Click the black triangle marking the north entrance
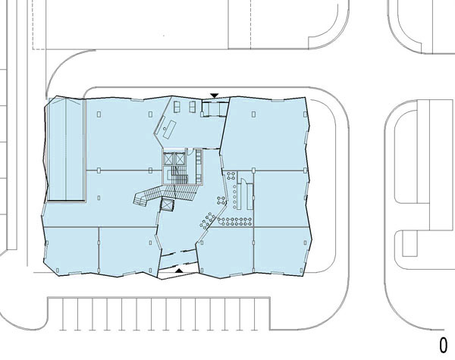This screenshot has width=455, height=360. pos(215,95)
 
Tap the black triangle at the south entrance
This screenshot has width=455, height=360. pos(179,271)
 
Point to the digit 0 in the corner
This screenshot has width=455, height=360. pos(444,345)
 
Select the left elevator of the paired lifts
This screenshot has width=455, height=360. pos(168,158)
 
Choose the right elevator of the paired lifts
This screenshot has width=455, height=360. pos(180,158)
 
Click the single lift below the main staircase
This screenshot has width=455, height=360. pos(168,205)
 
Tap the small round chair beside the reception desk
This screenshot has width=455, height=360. pos(165,128)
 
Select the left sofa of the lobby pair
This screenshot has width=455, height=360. pos(177,107)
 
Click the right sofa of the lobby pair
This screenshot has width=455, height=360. pos(193,107)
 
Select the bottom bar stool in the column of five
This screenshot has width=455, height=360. pos(234,207)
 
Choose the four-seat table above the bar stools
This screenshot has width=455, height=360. pos(231,175)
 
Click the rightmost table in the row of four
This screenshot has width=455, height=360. pos(247,222)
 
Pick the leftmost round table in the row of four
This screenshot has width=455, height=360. pos(221,221)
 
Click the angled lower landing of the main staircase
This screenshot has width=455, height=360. pos(140,199)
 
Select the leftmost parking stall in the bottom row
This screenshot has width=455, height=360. pos(55,314)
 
